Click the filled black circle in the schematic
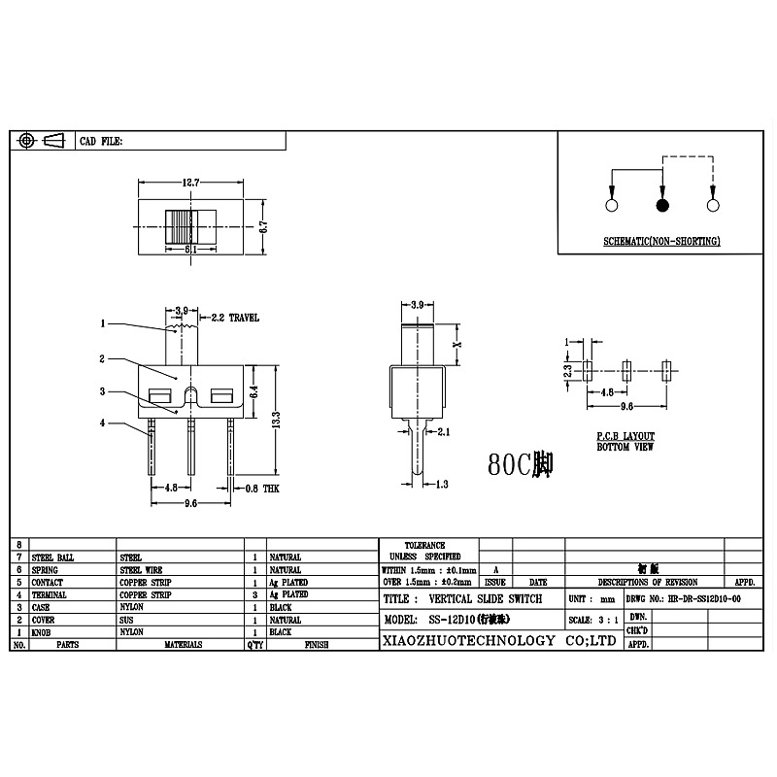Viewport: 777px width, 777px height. [662, 206]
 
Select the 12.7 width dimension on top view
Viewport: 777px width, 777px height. [190, 183]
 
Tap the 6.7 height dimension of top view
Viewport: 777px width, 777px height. [263, 227]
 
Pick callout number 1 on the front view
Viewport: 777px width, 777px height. [102, 323]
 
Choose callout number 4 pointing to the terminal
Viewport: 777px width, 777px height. [102, 422]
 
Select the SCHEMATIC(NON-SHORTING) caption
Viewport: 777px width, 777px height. [661, 240]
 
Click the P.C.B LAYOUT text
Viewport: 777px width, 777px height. [625, 437]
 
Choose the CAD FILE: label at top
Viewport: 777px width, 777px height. [100, 141]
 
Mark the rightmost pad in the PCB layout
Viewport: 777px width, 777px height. [666, 368]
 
